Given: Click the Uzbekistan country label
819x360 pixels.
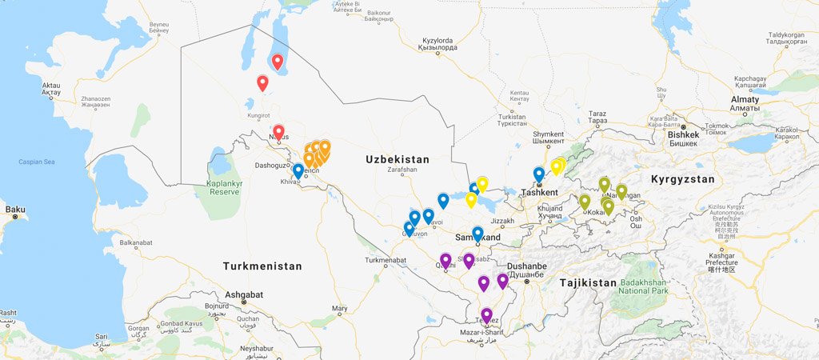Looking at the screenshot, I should [x=398, y=159].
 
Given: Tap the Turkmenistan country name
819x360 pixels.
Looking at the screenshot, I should [x=262, y=266].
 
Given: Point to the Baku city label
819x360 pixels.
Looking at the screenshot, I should [x=15, y=210].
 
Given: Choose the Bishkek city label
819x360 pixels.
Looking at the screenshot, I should [x=683, y=134].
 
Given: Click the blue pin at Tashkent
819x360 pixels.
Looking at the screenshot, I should [x=539, y=174].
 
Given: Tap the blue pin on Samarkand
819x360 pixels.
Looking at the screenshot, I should [x=477, y=234].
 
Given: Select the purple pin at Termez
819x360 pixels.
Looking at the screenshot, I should [x=486, y=315].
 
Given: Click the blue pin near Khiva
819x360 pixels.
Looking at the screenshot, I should [x=298, y=171].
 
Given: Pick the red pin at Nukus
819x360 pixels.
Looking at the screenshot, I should [x=278, y=133].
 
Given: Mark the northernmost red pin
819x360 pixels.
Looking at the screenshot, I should [x=278, y=62].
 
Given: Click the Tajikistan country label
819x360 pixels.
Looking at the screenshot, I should [x=589, y=282].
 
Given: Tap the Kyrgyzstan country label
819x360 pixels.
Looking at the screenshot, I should [x=682, y=179].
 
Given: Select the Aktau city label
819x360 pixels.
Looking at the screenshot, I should [x=50, y=88].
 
